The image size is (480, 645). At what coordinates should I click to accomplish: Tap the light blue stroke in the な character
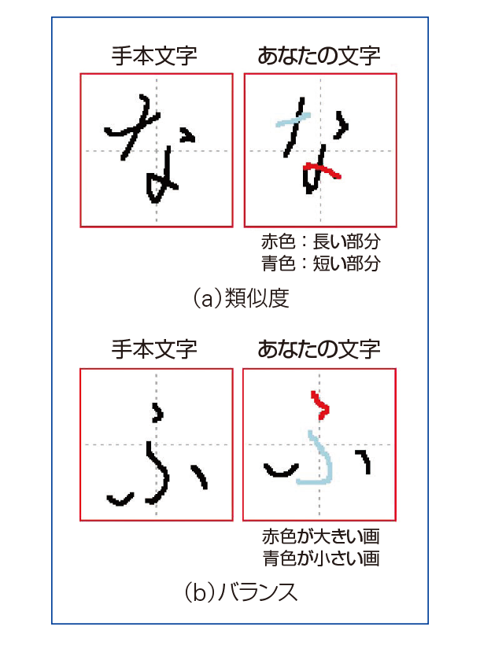coord(292,121)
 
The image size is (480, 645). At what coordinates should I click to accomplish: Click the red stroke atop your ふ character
coord(319,405)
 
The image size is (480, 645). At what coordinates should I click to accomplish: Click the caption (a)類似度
coord(241,298)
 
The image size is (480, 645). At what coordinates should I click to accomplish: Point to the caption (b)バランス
coord(241,592)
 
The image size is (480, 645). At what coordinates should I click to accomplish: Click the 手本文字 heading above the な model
coord(154,56)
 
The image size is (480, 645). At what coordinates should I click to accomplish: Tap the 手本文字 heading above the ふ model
coord(154,349)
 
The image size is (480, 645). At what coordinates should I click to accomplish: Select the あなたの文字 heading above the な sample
coord(319,56)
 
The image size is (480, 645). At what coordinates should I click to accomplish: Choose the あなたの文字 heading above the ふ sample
coord(319,349)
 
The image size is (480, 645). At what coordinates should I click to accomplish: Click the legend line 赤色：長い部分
coord(321,241)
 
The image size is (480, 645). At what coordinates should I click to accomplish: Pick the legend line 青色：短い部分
coord(321,264)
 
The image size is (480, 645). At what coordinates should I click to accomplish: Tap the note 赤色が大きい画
coord(321,536)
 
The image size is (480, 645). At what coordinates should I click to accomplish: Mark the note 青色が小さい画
coord(321,558)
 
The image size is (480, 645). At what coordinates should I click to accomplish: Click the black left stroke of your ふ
coord(281,470)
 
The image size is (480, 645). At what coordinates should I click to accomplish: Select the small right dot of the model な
coord(188,135)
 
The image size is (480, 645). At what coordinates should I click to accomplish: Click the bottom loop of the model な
coord(157,187)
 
